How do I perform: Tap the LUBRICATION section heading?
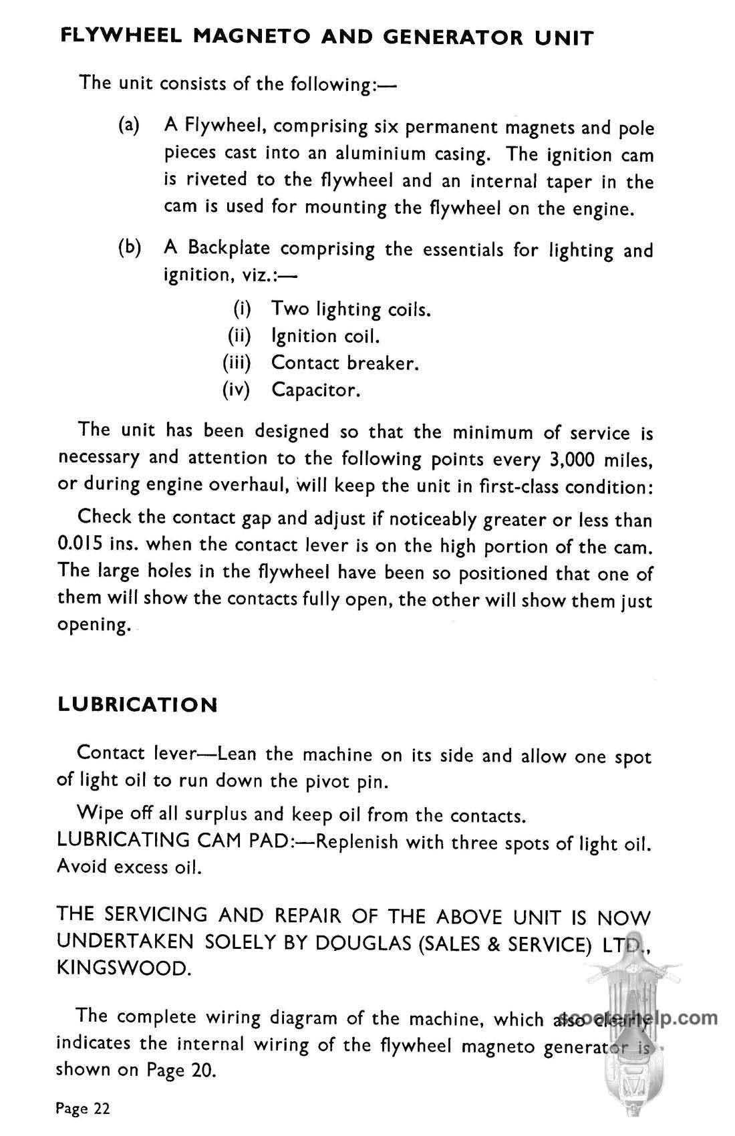point(138,705)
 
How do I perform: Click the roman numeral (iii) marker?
point(236,363)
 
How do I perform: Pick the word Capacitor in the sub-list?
point(315,390)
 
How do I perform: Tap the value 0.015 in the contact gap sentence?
point(80,545)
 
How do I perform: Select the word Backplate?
point(229,249)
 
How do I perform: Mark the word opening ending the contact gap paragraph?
point(93,627)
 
